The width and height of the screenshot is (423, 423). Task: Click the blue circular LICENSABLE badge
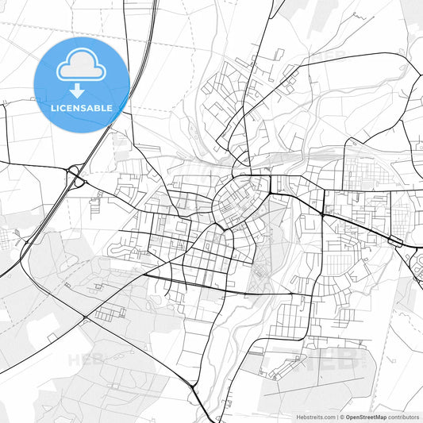click(x=82, y=85)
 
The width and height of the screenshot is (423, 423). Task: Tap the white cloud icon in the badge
click(x=82, y=66)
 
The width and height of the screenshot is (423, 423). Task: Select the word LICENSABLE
click(x=82, y=107)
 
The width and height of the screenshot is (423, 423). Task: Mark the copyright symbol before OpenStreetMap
click(x=342, y=416)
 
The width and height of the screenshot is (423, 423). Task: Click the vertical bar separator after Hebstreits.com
click(x=336, y=416)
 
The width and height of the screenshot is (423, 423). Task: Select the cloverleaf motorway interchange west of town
click(x=75, y=175)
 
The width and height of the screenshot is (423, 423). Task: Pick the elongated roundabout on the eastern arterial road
click(x=394, y=240)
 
